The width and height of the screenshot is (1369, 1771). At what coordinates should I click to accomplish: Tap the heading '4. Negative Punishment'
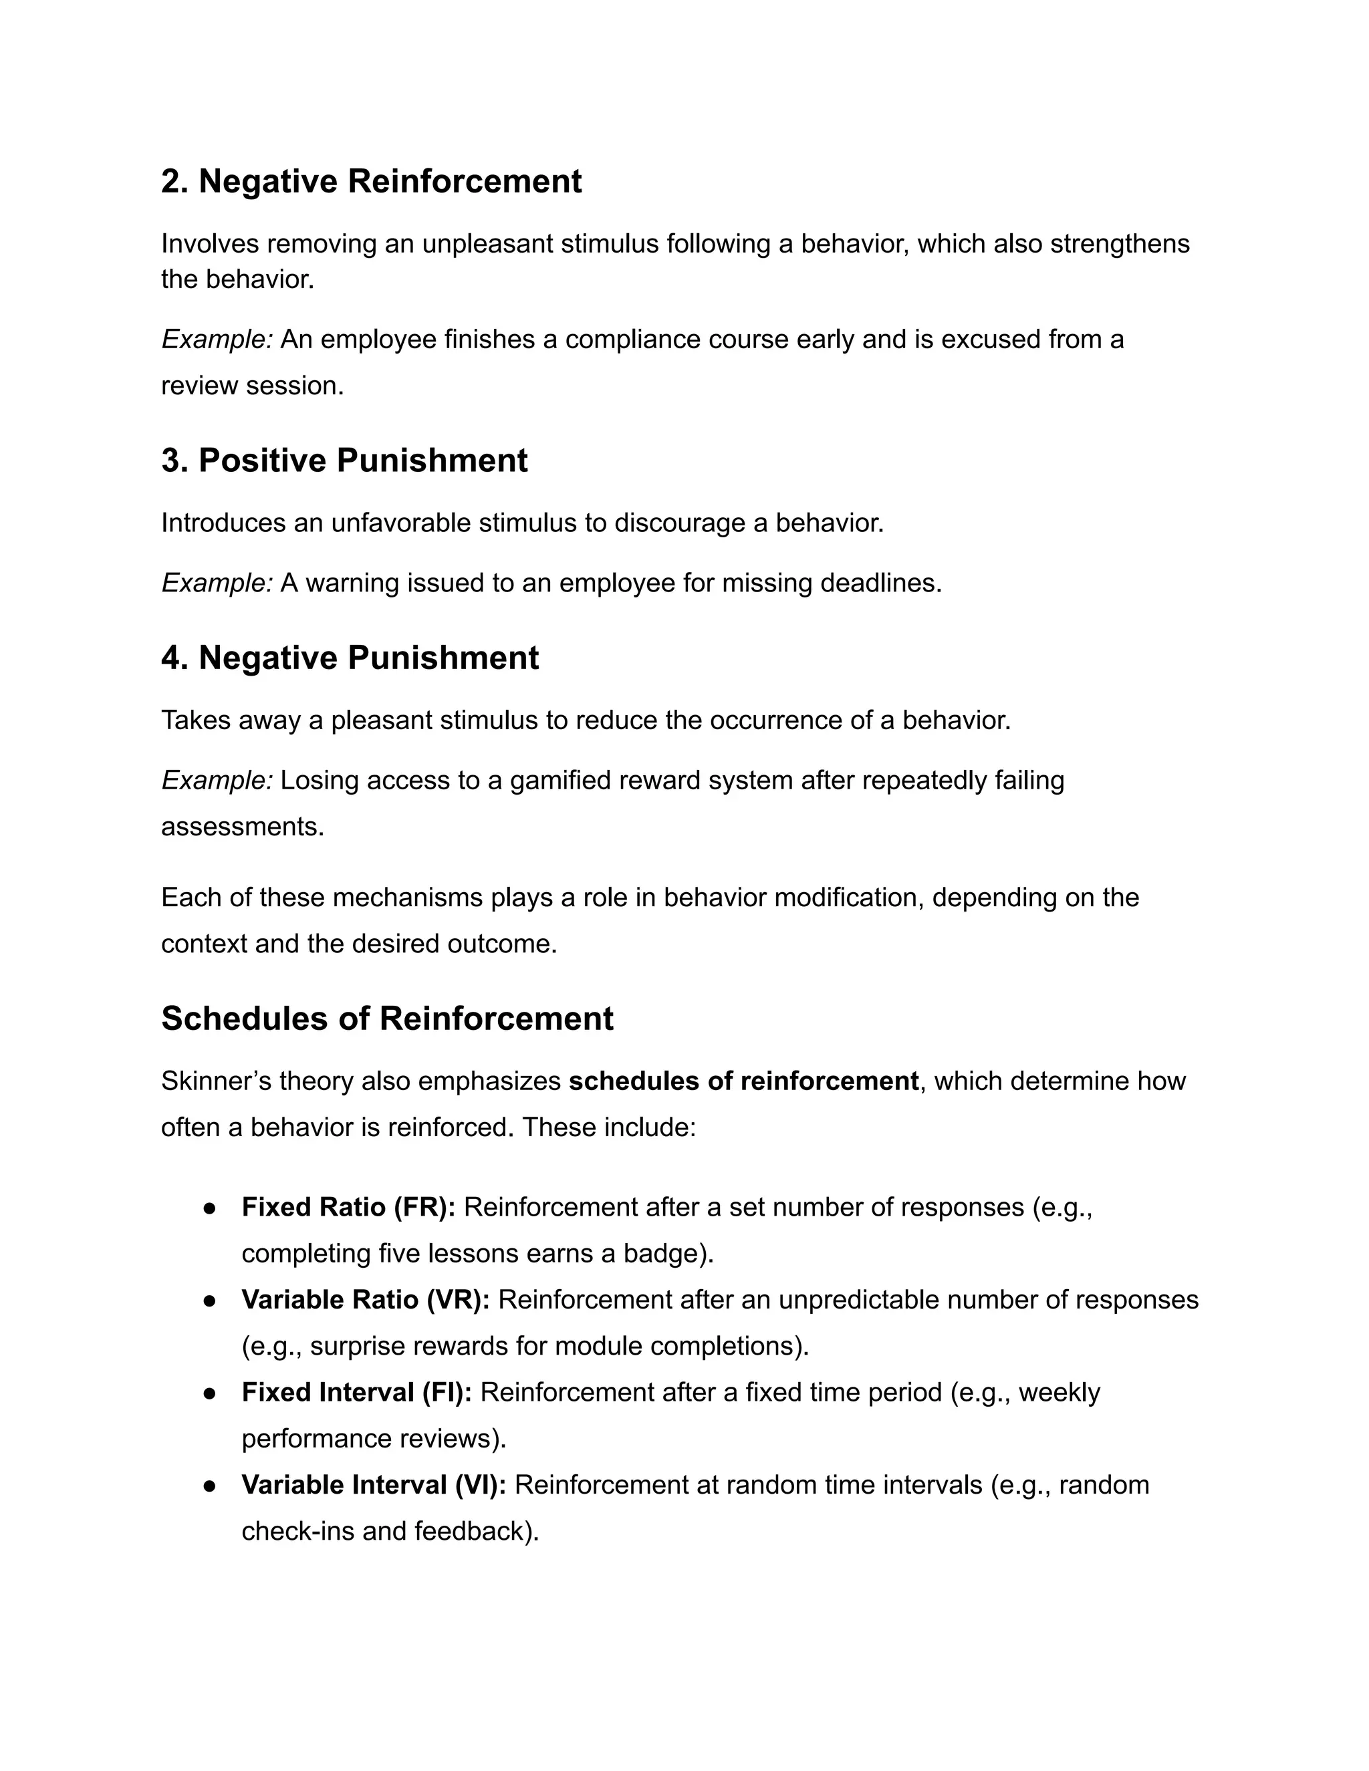(350, 658)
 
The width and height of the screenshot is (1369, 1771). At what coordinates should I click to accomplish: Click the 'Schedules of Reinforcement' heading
(387, 1018)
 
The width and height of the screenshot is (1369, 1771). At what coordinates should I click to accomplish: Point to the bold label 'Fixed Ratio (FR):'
(348, 1208)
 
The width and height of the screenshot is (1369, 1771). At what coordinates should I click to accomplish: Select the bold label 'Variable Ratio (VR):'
(365, 1300)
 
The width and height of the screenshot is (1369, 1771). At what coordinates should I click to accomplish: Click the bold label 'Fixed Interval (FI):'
(356, 1392)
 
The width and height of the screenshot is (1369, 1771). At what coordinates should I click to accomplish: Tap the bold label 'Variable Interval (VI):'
(373, 1485)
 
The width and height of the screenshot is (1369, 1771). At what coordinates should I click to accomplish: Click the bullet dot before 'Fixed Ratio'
(209, 1208)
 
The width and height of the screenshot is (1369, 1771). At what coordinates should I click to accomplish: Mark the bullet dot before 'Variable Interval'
(209, 1486)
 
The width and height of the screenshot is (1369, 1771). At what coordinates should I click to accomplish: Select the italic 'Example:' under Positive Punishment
(217, 583)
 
